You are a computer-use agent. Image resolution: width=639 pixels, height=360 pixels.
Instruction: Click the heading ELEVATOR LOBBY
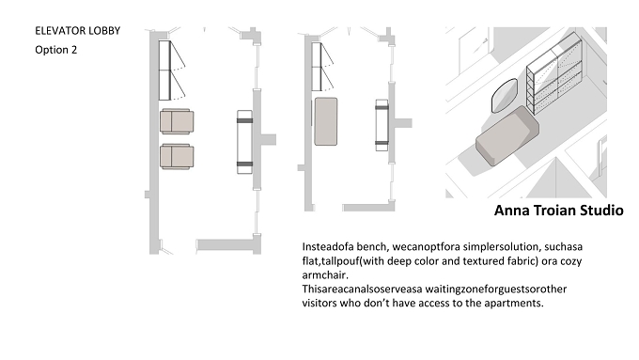click(77, 31)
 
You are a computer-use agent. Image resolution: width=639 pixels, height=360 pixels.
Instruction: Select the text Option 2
click(55, 50)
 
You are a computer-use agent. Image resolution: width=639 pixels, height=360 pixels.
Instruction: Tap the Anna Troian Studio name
click(559, 211)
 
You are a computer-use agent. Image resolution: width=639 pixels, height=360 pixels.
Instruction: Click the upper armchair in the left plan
click(177, 121)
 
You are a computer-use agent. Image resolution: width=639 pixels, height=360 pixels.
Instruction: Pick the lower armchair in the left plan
click(177, 156)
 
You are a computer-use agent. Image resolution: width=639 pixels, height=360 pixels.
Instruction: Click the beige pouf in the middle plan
click(326, 121)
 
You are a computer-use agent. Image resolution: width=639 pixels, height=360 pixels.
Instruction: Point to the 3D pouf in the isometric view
click(507, 135)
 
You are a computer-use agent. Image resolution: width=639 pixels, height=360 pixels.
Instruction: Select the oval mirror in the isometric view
click(504, 95)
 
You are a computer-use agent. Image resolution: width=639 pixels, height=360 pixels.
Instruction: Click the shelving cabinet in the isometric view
click(554, 73)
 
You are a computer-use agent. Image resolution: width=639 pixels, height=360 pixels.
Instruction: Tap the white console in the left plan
click(244, 142)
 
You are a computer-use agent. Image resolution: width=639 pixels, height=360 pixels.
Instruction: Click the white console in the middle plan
click(382, 125)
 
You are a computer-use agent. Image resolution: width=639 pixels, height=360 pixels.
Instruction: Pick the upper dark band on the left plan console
click(244, 120)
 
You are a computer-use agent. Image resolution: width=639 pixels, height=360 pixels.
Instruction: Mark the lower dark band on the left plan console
click(244, 164)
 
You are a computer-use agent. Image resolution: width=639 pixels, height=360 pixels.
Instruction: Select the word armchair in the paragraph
click(325, 275)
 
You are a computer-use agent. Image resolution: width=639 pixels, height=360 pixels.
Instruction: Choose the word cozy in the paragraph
click(570, 261)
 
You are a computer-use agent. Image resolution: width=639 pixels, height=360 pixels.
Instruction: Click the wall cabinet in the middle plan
click(317, 67)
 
